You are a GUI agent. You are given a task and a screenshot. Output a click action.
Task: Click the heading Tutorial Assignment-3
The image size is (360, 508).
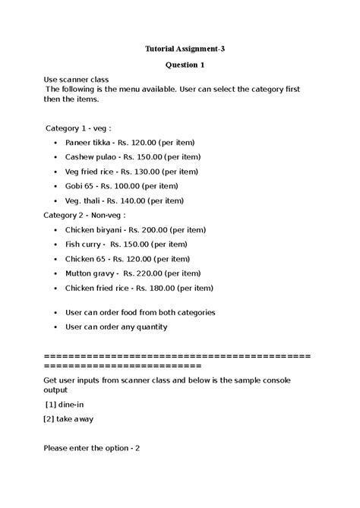click(185, 49)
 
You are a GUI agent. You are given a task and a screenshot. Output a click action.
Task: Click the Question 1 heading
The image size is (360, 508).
click(185, 65)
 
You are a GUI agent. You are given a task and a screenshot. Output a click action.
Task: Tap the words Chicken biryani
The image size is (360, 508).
click(94, 229)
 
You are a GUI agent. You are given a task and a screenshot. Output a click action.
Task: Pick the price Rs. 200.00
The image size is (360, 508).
click(146, 229)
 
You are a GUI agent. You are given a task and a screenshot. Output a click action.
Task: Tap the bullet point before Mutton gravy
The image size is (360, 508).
click(57, 274)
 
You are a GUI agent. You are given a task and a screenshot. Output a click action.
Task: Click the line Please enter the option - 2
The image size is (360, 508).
click(92, 448)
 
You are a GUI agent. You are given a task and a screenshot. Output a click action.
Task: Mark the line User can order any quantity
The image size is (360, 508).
click(116, 327)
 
